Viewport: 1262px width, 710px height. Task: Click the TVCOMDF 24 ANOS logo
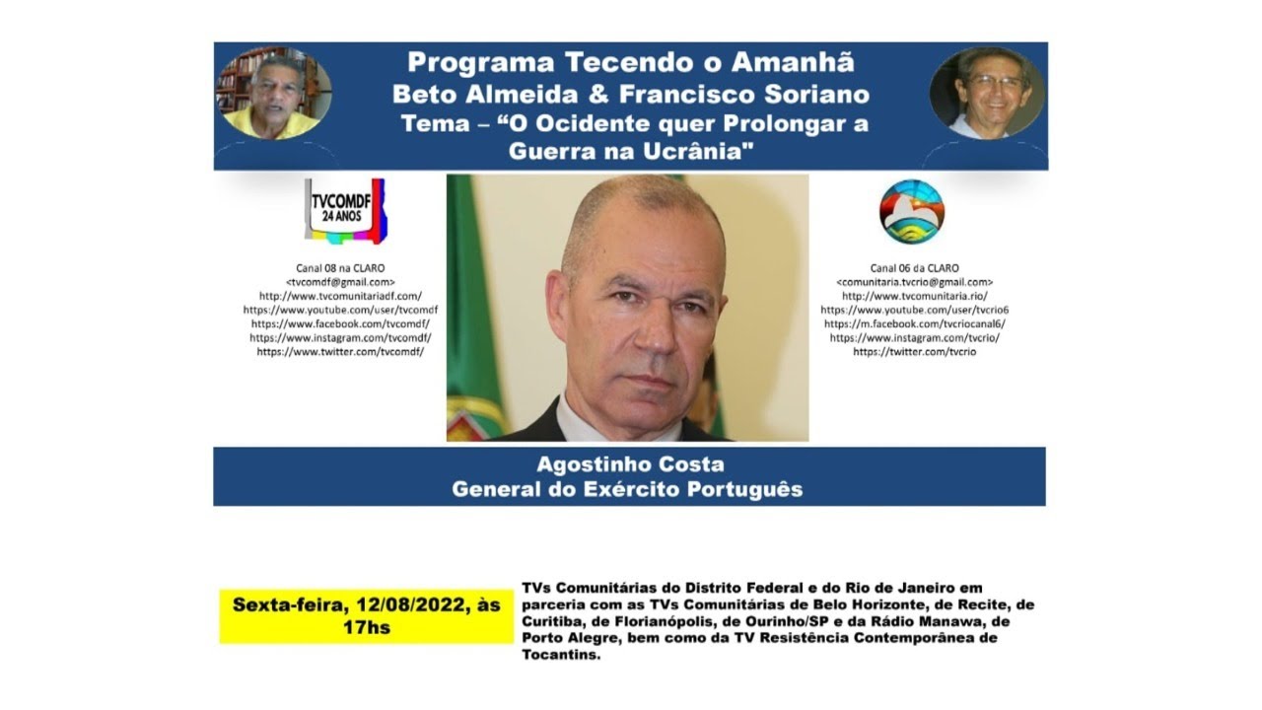click(344, 209)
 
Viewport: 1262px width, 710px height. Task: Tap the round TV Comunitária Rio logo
click(911, 211)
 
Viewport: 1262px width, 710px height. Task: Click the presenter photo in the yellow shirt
click(273, 95)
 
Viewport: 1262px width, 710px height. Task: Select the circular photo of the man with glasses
click(986, 94)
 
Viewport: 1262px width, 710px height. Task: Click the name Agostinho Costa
click(630, 464)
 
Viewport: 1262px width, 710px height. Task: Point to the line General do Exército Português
click(627, 489)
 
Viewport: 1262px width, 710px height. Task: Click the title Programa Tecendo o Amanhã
click(630, 62)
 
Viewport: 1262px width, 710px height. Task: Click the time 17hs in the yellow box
click(366, 627)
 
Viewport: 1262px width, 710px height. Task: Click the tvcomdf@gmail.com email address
click(340, 282)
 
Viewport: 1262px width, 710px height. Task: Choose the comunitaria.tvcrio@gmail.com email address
click(914, 282)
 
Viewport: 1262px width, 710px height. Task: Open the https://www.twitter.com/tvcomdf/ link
click(340, 352)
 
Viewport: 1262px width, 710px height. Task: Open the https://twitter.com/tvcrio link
click(914, 352)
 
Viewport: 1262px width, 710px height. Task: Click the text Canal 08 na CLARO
click(340, 268)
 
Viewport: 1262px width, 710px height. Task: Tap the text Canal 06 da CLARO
click(914, 268)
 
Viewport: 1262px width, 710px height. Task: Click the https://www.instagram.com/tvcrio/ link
click(914, 337)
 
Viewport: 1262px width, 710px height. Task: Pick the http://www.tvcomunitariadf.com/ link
click(340, 296)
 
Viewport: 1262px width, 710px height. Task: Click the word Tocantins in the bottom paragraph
click(560, 655)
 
